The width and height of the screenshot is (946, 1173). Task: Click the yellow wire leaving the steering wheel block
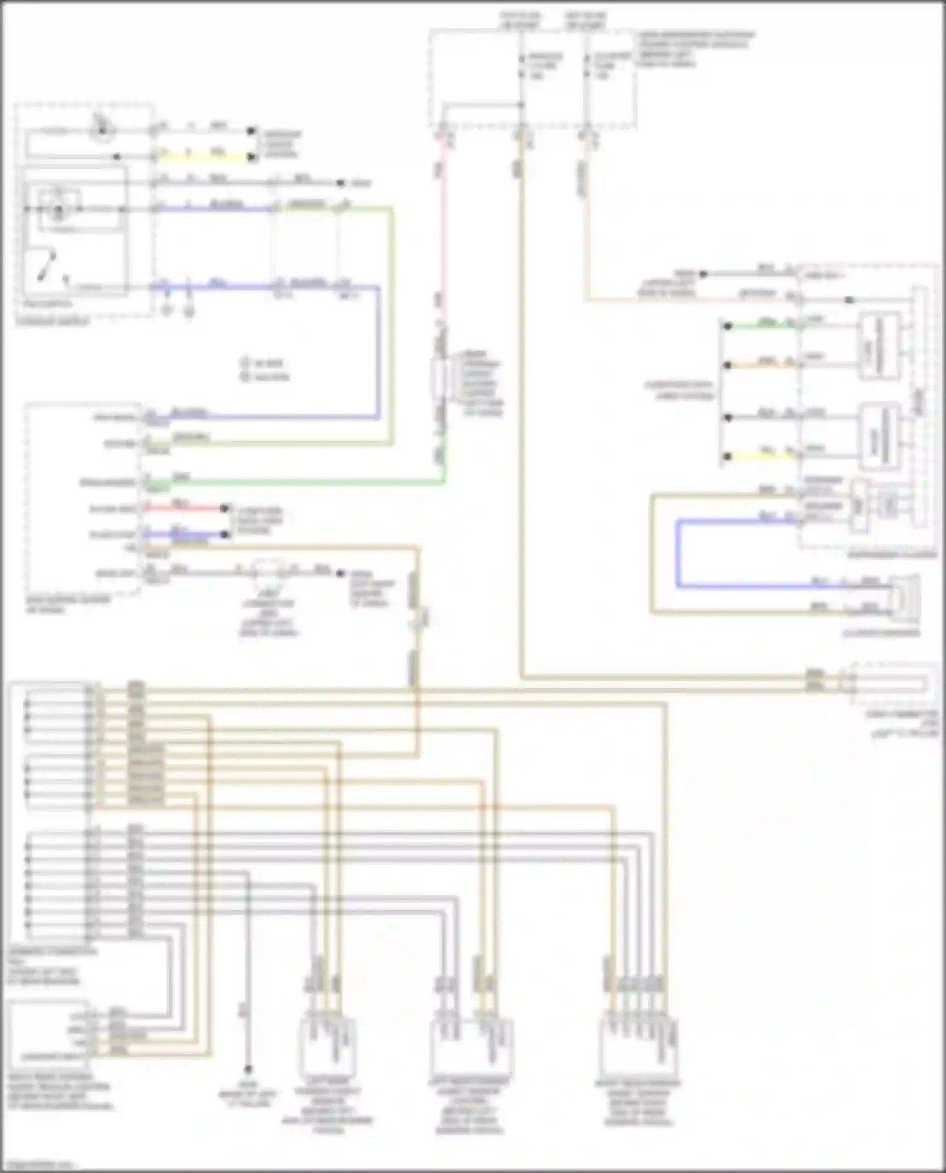(x=202, y=156)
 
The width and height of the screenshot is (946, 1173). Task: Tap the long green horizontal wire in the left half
(x=303, y=483)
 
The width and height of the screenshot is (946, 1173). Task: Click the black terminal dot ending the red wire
(x=225, y=508)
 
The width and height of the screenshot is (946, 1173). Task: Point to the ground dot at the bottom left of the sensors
(x=248, y=1069)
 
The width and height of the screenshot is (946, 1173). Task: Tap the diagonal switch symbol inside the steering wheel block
(x=47, y=265)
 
